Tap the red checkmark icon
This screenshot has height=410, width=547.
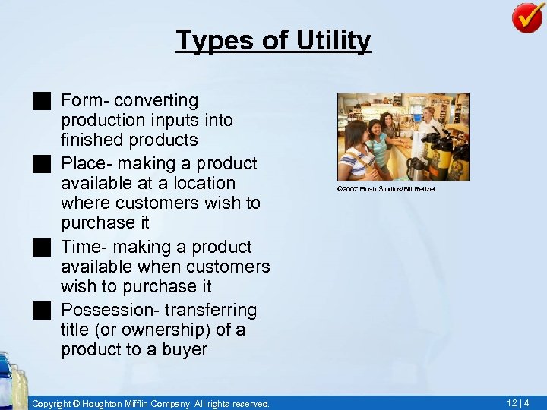point(527,17)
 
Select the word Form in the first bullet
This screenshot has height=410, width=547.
point(79,100)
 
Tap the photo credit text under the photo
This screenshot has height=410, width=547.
point(387,189)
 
